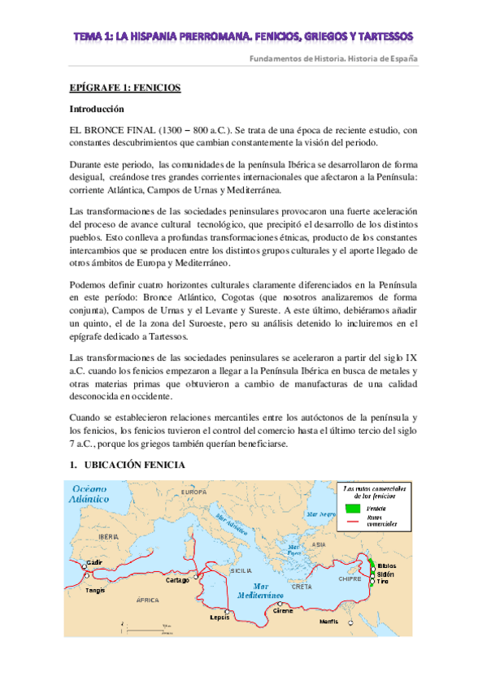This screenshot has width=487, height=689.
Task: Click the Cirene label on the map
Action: (x=282, y=609)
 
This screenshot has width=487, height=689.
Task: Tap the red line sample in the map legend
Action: (x=351, y=520)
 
